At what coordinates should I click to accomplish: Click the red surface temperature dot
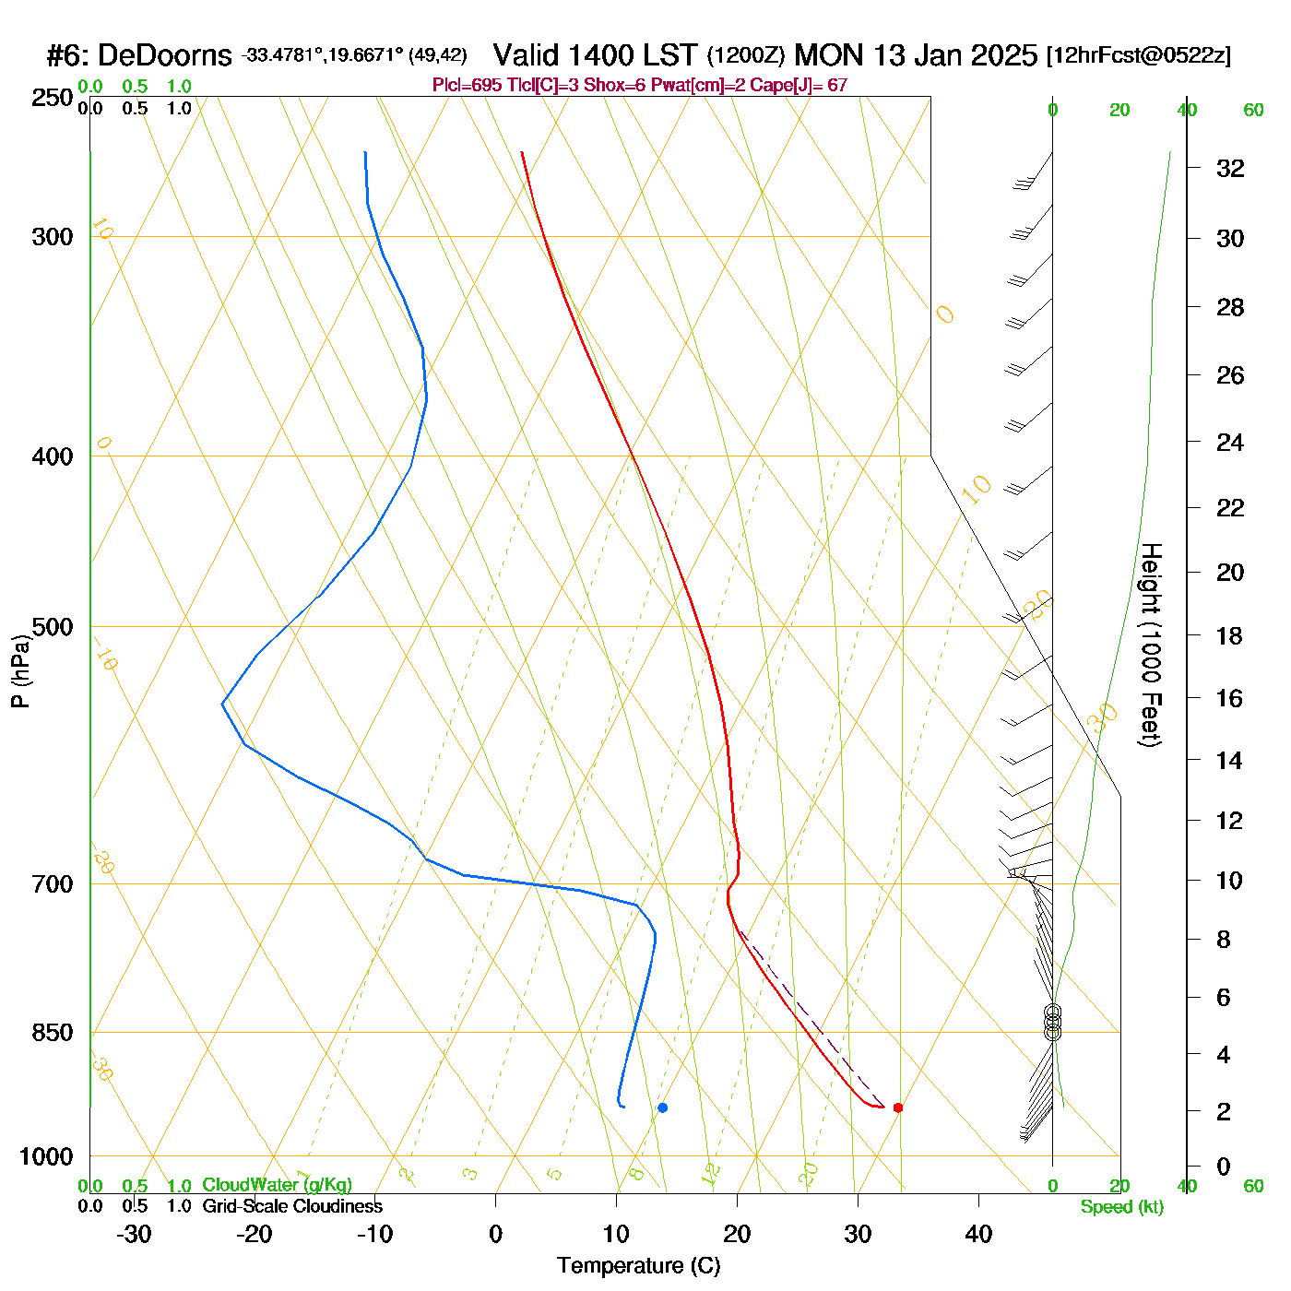(x=898, y=1107)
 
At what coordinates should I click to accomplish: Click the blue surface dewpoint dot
(x=662, y=1107)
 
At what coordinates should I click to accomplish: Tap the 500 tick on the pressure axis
(x=53, y=627)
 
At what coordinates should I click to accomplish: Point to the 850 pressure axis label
(x=53, y=1033)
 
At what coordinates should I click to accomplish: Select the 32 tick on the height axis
(x=1230, y=168)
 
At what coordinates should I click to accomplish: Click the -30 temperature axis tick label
(x=134, y=1234)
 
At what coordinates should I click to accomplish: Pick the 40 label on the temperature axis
(x=978, y=1234)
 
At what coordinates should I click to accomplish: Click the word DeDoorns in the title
(x=164, y=56)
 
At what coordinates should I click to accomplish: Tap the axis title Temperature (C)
(x=638, y=1266)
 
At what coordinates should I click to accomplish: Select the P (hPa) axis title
(x=20, y=670)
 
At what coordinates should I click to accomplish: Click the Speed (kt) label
(x=1122, y=1207)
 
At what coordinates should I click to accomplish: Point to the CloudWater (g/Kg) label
(x=277, y=1185)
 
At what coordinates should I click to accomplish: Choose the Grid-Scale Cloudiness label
(x=292, y=1206)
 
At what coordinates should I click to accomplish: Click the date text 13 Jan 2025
(x=955, y=55)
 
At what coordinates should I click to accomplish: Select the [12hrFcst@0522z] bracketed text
(x=1138, y=55)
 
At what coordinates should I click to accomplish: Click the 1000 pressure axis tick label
(x=46, y=1156)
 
